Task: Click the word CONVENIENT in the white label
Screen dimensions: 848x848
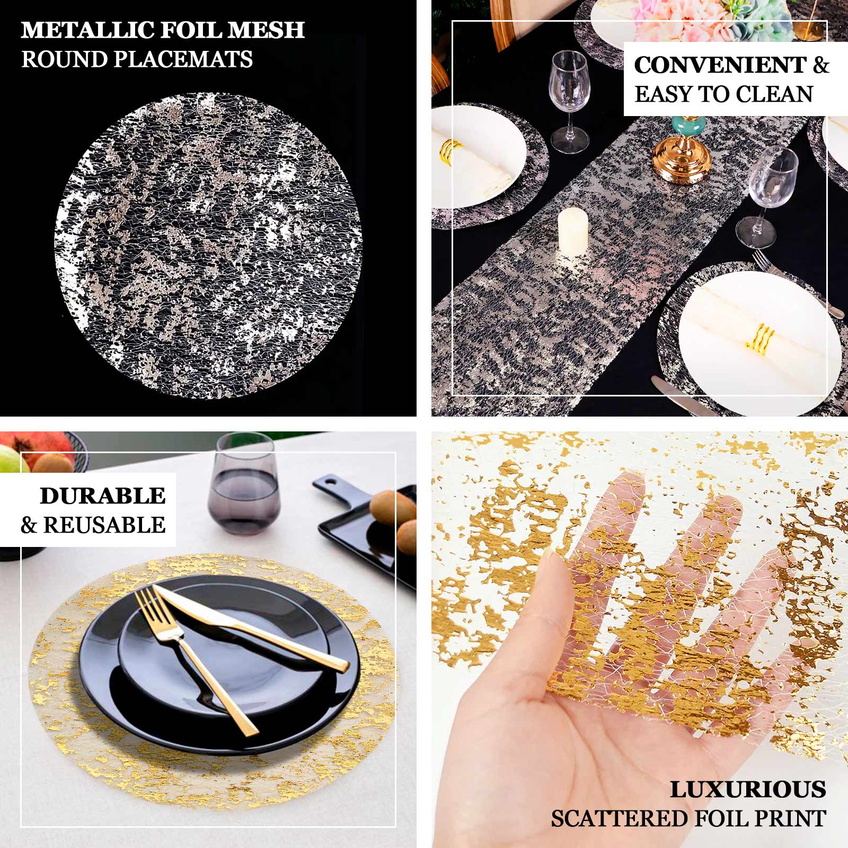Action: click(720, 65)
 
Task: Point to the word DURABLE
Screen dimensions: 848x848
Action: click(103, 496)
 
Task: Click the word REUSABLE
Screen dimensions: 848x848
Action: click(104, 525)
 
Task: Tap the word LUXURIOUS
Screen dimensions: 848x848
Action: click(748, 790)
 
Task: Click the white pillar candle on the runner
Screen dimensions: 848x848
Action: click(573, 231)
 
